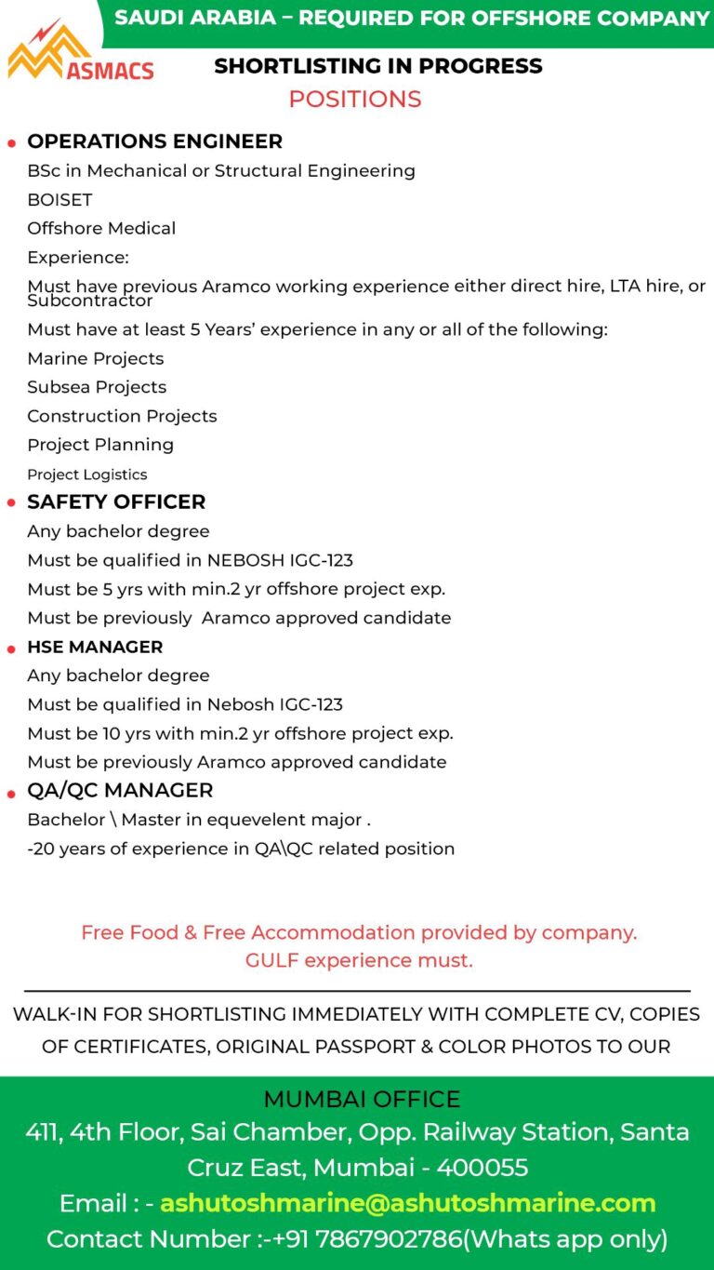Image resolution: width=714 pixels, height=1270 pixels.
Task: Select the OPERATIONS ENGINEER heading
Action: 154,141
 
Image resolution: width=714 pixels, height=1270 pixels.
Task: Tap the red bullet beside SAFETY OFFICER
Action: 12,503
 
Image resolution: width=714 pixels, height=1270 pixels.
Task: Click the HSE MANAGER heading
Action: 95,647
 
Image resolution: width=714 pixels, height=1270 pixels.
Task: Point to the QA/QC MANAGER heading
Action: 120,790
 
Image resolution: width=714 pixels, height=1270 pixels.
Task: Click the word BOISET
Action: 59,199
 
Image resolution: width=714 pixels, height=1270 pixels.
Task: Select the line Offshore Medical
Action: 101,228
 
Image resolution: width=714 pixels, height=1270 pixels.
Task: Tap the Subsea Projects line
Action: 97,387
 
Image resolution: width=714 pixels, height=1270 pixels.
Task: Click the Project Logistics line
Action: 87,475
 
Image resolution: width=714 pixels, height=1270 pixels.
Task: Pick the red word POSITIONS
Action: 355,99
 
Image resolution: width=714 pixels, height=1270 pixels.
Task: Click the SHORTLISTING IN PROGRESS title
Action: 378,66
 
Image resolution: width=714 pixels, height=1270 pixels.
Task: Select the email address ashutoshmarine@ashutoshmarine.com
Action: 408,1203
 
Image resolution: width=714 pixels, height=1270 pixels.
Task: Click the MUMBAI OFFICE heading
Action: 362,1099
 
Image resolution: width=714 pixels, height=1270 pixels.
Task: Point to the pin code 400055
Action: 483,1167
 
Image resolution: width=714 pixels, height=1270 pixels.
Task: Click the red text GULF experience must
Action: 359,960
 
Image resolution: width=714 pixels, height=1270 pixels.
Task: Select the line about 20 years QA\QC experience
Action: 241,849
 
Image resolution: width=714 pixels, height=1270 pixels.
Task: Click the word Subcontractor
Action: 90,301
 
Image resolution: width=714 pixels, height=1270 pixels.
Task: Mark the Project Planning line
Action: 100,445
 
